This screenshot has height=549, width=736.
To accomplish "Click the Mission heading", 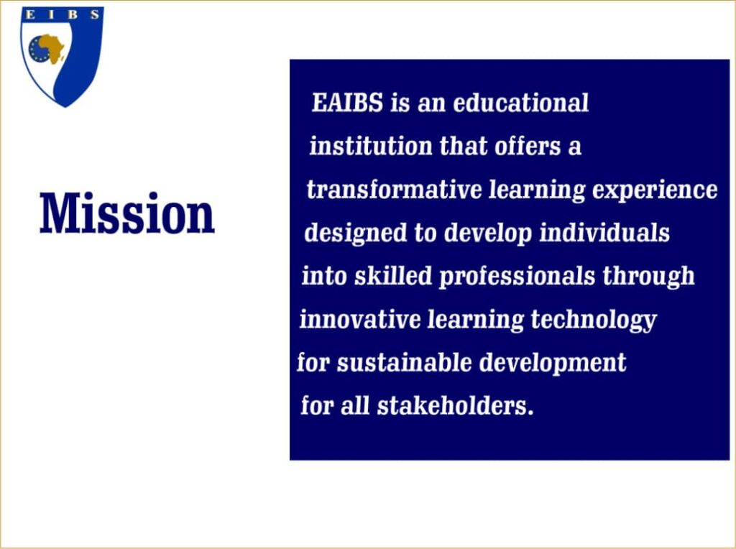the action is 127,213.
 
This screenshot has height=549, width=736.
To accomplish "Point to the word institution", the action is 370,146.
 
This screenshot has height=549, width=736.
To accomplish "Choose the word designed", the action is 355,234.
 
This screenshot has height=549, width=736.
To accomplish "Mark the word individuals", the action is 604,233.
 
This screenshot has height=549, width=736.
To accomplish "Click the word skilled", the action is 393,276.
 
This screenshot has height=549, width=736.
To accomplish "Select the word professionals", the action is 517,277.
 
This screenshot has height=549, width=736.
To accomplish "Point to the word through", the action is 648,277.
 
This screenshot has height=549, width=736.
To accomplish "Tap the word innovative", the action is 360,320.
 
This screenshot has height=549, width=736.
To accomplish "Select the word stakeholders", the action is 455,406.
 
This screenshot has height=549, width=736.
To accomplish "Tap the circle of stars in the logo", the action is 39,50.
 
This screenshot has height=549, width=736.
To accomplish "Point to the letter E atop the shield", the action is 30,14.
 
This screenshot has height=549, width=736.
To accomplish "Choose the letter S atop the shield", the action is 94,14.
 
